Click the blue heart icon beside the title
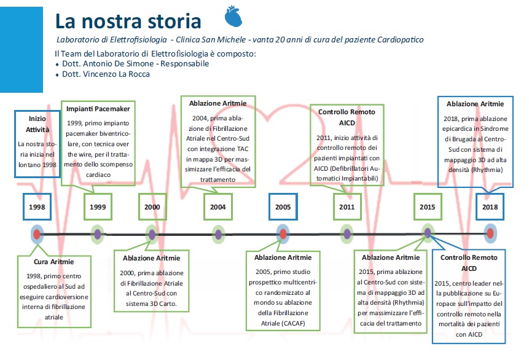pos(233,16)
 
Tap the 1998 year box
pos(37,207)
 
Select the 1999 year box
pos(98,207)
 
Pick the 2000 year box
pos(152,207)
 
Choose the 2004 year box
pos(218,207)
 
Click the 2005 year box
pos(283,207)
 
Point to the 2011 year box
pos(347,207)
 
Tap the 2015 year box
pos(428,207)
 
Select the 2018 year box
pos(490,207)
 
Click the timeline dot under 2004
pos(218,234)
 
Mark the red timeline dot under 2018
pos(490,233)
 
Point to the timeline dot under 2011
pos(347,234)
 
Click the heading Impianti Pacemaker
pos(98,109)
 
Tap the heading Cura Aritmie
pos(53,262)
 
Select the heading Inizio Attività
pos(37,124)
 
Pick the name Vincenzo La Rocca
pos(116,74)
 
